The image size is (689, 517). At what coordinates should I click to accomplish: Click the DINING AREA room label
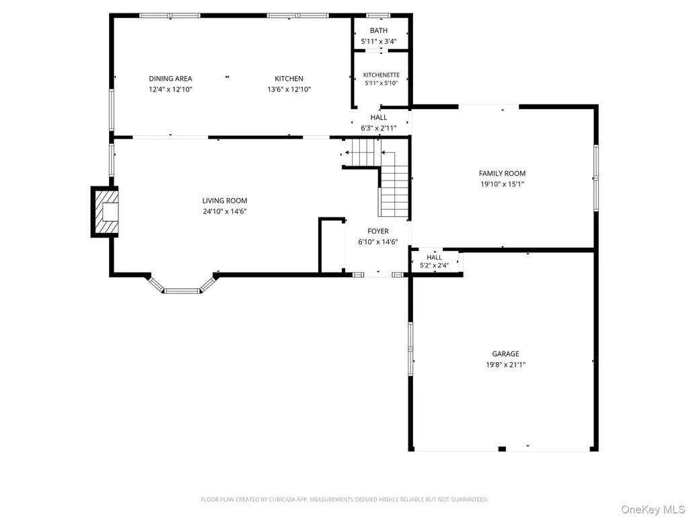pyautogui.click(x=170, y=79)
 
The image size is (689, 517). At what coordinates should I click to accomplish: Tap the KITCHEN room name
pyautogui.click(x=289, y=79)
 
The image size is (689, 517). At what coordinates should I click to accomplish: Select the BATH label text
pyautogui.click(x=379, y=31)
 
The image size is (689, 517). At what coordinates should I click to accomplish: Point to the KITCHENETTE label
pyautogui.click(x=381, y=75)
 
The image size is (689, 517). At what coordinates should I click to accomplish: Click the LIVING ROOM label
pyautogui.click(x=225, y=201)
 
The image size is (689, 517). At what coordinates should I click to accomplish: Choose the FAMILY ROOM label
pyautogui.click(x=502, y=174)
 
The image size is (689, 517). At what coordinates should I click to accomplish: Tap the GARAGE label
pyautogui.click(x=505, y=354)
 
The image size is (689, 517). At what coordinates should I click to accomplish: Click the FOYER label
pyautogui.click(x=378, y=232)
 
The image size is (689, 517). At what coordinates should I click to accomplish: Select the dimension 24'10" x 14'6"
pyautogui.click(x=225, y=211)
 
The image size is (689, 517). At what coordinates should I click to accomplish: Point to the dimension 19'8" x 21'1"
pyautogui.click(x=505, y=365)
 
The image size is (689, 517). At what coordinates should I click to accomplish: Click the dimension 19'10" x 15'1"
pyautogui.click(x=502, y=184)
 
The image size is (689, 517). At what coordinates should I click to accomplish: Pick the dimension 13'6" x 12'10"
pyautogui.click(x=289, y=90)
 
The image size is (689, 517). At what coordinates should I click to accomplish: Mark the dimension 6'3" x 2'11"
pyautogui.click(x=378, y=129)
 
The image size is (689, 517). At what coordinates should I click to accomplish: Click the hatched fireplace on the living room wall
pyautogui.click(x=104, y=212)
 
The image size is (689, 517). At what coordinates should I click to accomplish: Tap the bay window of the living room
pyautogui.click(x=182, y=285)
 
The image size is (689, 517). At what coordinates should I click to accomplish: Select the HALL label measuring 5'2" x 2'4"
pyautogui.click(x=434, y=258)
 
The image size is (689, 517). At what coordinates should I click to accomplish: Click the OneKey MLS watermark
pyautogui.click(x=652, y=510)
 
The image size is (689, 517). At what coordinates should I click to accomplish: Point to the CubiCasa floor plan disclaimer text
pyautogui.click(x=344, y=499)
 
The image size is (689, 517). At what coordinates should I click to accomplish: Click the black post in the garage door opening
pyautogui.click(x=502, y=449)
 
